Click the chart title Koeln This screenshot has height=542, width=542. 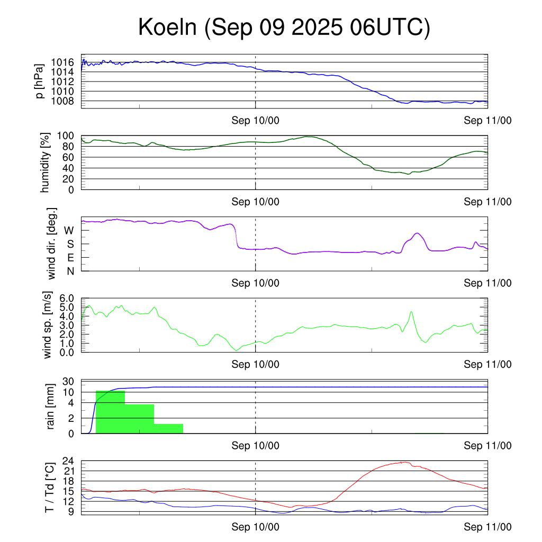284,28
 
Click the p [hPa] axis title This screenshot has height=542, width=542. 40,81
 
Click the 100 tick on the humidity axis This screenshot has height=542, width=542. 67,135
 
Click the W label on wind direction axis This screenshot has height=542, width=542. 69,230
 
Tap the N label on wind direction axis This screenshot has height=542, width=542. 70,271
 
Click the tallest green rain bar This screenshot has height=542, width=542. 110,412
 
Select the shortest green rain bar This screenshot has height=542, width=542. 168,429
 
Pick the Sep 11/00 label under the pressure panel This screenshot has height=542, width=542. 487,120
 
